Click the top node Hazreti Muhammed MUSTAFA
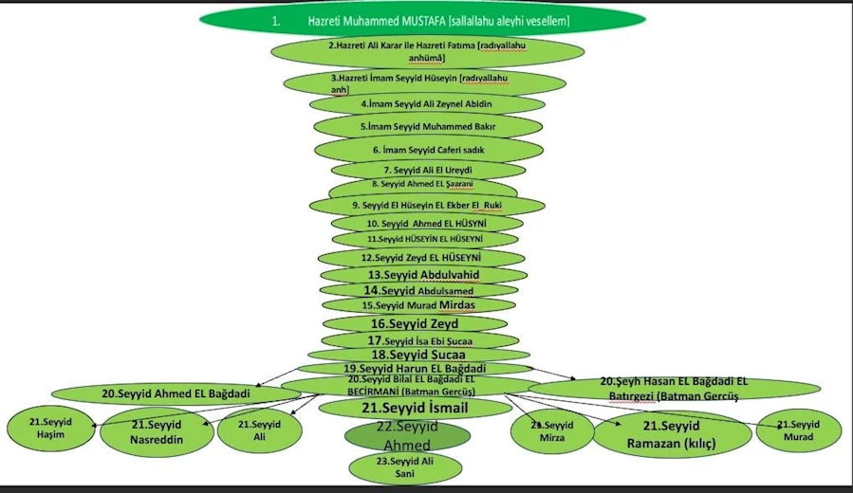click(x=422, y=20)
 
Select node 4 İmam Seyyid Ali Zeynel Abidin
click(x=426, y=103)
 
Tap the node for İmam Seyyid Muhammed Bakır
click(x=428, y=126)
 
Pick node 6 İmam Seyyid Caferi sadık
click(x=428, y=150)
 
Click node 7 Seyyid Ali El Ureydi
click(x=427, y=170)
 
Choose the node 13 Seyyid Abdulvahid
click(x=424, y=274)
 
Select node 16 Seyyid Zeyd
click(x=420, y=323)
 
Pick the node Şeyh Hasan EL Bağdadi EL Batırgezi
click(x=675, y=389)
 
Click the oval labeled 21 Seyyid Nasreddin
click(x=157, y=431)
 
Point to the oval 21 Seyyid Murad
click(x=799, y=430)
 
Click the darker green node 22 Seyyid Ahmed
click(x=407, y=436)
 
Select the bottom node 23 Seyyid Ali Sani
click(x=407, y=466)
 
